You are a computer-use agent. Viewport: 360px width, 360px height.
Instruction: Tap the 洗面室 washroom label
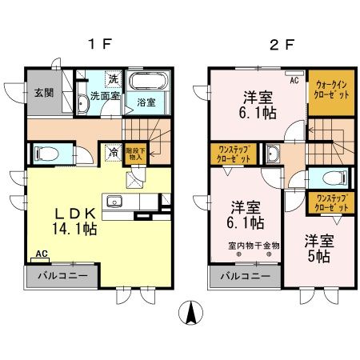coord(104,95)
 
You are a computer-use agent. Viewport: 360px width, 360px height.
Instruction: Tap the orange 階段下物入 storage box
coord(134,154)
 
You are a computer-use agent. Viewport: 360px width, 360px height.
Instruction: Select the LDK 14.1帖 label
coord(76,220)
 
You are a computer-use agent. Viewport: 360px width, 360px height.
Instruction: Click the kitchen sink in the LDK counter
coord(113,201)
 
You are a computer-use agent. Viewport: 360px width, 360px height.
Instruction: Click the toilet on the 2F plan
coord(330,178)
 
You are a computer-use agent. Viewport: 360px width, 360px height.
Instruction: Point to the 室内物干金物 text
coord(254,246)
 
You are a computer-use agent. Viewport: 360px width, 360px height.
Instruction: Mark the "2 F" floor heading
coord(278,46)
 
